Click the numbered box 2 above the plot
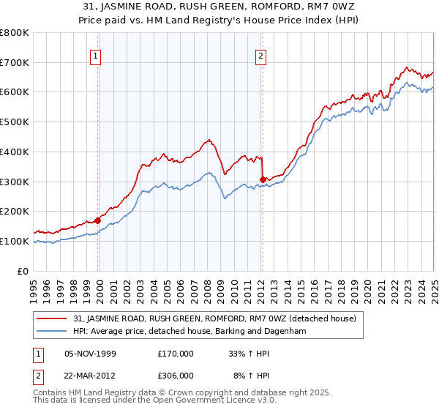[261, 53]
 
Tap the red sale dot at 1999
[98, 220]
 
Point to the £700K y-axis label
[15, 63]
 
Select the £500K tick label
[15, 122]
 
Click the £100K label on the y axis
[15, 241]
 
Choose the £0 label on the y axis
[23, 271]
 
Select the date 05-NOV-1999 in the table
[91, 354]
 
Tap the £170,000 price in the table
[176, 354]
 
